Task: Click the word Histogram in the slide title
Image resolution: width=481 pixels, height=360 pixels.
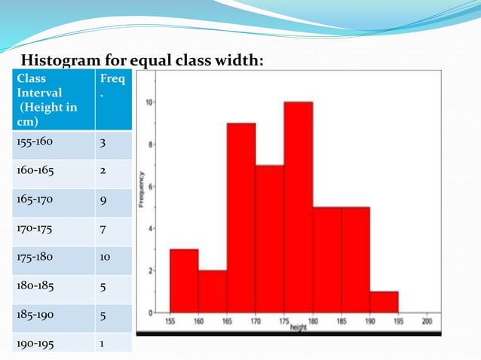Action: tap(63, 60)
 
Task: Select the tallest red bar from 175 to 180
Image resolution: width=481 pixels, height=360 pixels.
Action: tap(298, 207)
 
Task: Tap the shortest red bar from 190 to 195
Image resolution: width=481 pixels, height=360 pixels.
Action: tap(384, 301)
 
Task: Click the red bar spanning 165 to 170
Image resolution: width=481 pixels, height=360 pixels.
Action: tap(240, 218)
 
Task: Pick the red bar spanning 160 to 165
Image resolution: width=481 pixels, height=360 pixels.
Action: tap(212, 291)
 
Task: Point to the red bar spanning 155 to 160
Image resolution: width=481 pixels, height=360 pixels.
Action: tap(183, 280)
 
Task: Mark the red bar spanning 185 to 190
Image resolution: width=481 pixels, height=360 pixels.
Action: tap(355, 260)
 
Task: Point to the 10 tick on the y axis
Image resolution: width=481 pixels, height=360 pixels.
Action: tap(149, 102)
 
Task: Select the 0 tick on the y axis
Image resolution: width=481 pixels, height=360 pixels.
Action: tap(152, 311)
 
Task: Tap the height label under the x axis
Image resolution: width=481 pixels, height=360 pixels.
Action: tap(298, 328)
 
